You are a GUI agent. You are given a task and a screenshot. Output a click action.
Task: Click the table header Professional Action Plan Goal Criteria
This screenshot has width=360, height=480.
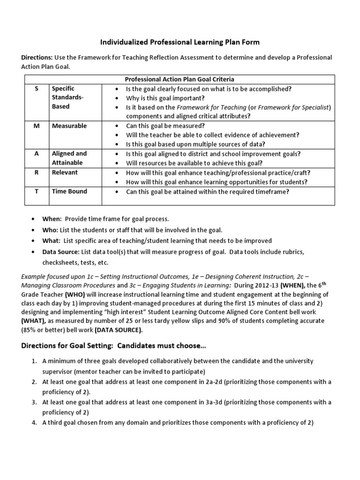click(x=179, y=79)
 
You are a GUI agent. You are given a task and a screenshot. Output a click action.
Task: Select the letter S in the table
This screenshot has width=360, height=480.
click(x=37, y=88)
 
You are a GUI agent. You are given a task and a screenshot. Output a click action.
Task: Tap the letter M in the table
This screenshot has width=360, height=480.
click(x=37, y=126)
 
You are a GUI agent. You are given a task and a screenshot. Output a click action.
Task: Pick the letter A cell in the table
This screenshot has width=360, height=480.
click(x=37, y=154)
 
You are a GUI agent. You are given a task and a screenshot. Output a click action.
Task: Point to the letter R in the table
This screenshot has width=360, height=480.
click(x=37, y=172)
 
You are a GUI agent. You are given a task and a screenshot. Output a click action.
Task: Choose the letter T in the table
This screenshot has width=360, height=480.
click(x=37, y=191)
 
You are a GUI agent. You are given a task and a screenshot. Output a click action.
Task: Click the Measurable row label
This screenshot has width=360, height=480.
click(x=69, y=126)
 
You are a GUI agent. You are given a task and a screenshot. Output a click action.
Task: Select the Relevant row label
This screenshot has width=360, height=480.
click(x=65, y=172)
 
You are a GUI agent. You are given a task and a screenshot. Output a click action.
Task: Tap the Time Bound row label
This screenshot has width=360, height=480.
click(x=69, y=191)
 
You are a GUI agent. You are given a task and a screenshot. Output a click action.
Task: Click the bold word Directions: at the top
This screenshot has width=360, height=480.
click(x=37, y=57)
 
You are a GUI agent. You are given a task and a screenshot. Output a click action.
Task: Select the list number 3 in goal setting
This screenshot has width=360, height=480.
click(x=34, y=402)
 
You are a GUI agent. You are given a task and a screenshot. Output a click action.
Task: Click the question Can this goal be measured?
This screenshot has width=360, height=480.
click(x=165, y=126)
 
